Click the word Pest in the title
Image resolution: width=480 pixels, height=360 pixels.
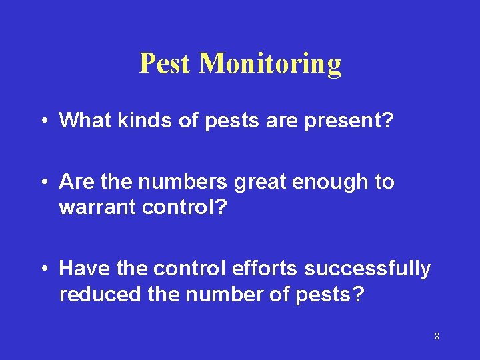[165, 63]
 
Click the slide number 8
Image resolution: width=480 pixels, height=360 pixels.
[437, 336]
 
